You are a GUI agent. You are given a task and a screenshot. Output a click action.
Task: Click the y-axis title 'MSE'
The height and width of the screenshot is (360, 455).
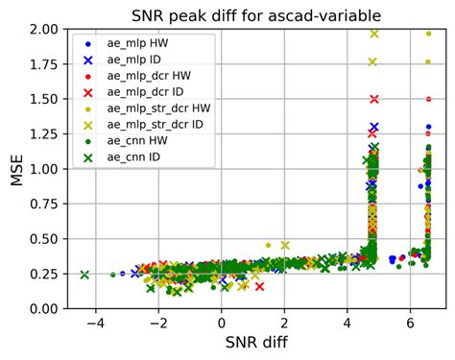16,169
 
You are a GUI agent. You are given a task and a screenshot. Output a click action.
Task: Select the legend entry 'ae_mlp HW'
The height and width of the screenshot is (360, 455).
145,43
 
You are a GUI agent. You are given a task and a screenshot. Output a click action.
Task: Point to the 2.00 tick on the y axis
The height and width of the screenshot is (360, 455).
41,29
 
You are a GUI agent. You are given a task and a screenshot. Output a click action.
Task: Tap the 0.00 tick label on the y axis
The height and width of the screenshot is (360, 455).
41,309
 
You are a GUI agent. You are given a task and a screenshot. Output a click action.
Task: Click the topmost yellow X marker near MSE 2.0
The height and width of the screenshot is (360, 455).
374,34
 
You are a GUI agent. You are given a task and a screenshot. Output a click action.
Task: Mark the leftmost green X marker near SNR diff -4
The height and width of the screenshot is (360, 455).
84,275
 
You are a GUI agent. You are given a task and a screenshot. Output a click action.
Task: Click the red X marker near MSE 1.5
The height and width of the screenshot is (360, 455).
374,99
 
